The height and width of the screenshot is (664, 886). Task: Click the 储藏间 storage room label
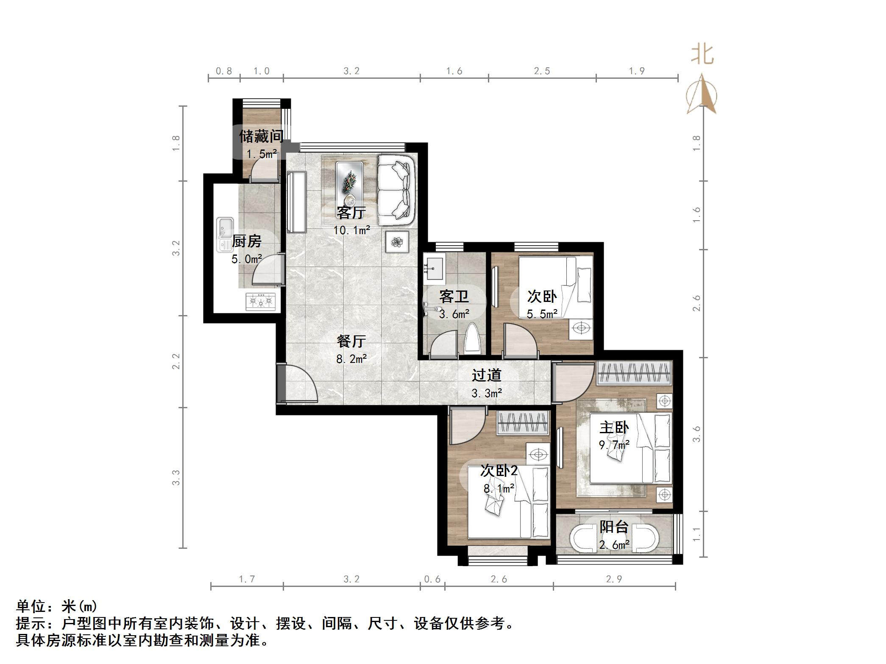(x=261, y=136)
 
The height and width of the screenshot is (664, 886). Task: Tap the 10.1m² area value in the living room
(x=351, y=230)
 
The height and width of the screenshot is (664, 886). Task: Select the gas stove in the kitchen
(x=260, y=302)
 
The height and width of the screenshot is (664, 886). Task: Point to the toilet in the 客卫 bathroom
(x=473, y=339)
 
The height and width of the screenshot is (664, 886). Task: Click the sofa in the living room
(x=396, y=190)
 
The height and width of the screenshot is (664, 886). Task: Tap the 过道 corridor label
(x=486, y=375)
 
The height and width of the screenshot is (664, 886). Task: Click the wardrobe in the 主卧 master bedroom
(x=634, y=373)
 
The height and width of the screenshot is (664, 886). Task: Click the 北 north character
(x=702, y=55)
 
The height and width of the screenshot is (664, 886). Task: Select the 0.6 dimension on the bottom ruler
(x=432, y=579)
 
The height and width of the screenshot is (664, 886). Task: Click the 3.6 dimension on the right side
(x=697, y=434)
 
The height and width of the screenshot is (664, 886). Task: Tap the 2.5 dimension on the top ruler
(x=542, y=71)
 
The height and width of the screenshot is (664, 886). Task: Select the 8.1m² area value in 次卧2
(x=499, y=489)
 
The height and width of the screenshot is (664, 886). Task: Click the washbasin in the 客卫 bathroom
(x=433, y=268)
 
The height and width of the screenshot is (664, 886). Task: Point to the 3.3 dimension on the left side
(x=176, y=478)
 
